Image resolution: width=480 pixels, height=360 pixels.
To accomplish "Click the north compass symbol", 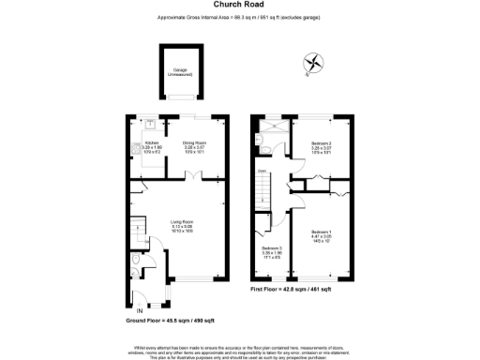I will [313, 64].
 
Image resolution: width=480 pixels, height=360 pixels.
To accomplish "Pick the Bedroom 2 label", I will [322, 146].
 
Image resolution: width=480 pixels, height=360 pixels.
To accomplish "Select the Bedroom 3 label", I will [273, 250].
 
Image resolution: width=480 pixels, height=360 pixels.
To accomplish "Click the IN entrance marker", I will [140, 309].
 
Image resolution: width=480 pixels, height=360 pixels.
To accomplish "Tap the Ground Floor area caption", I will [165, 321].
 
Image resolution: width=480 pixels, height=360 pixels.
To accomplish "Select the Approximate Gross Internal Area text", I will [239, 18].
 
